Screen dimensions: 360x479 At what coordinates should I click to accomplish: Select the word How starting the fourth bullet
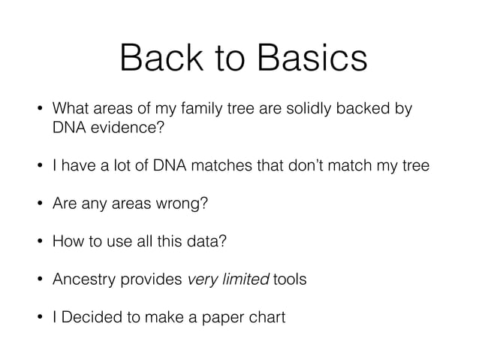click(x=65, y=241)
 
